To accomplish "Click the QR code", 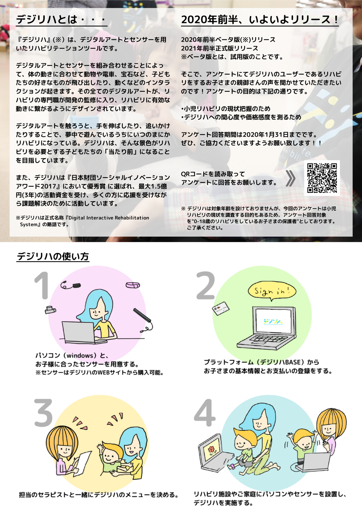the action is click(322, 178).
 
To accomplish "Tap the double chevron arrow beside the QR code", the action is click(291, 178).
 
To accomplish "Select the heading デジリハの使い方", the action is click(53, 256).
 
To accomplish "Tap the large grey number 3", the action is click(43, 413).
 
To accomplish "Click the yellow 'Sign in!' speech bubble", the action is click(272, 291).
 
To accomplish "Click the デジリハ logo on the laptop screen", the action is click(273, 322).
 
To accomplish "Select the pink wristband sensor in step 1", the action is click(133, 285).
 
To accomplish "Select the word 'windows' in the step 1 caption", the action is click(80, 355).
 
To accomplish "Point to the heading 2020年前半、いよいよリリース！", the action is click(260, 20).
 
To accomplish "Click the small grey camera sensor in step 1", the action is click(50, 310).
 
